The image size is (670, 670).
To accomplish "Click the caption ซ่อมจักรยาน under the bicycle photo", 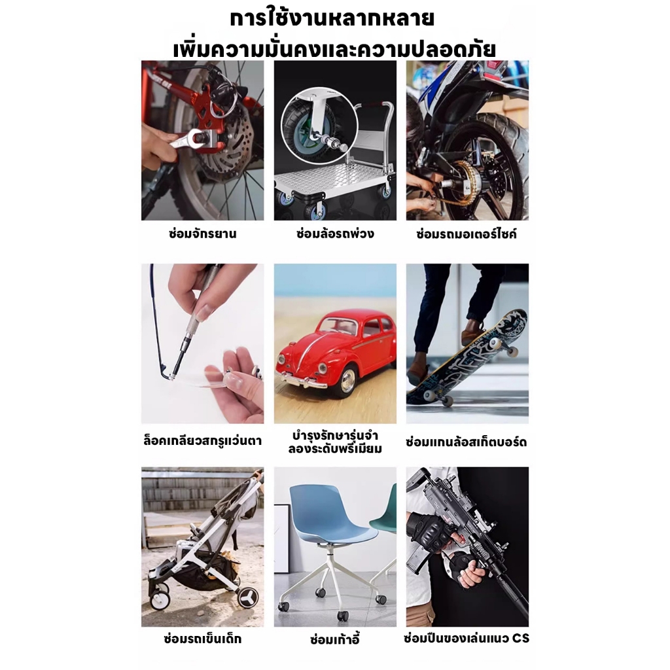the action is pyautogui.click(x=203, y=234).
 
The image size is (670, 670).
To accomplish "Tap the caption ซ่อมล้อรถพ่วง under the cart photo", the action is pyautogui.click(x=335, y=234).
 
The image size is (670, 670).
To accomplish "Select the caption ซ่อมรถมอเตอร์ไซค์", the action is pyautogui.click(x=467, y=234).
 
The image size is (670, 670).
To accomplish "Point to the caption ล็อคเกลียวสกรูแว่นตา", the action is pyautogui.click(x=203, y=440).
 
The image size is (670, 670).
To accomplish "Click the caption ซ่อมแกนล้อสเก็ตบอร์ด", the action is pyautogui.click(x=467, y=442).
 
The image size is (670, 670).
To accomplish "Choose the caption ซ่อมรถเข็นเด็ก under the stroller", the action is pyautogui.click(x=203, y=639).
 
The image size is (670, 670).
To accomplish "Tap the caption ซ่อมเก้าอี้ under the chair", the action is pyautogui.click(x=335, y=639).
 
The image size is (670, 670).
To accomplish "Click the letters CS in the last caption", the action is pyautogui.click(x=521, y=639).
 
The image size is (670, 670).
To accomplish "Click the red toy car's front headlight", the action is pyautogui.click(x=281, y=359).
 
